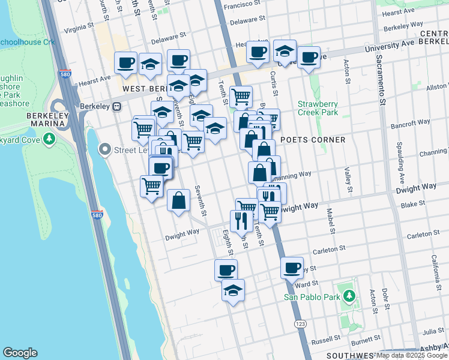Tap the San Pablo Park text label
point(312,296)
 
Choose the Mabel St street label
point(330,220)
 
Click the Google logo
point(20,353)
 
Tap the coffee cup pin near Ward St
point(292,268)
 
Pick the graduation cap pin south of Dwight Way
point(233,290)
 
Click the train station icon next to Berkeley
point(117,106)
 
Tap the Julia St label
point(432,331)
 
